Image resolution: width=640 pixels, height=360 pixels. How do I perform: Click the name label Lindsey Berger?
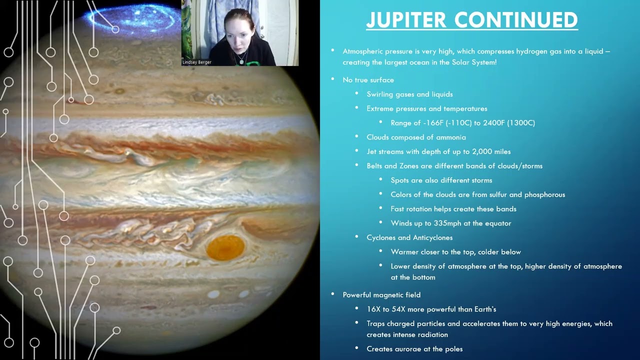click(x=197, y=62)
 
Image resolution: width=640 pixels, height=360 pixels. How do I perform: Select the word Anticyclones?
click(x=432, y=238)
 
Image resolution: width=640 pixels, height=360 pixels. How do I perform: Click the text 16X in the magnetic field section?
click(x=373, y=309)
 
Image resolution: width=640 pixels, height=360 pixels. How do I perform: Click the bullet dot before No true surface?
click(x=333, y=79)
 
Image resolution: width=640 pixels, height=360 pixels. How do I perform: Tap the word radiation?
click(x=432, y=335)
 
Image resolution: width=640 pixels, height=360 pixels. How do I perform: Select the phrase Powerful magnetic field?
click(x=381, y=295)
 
